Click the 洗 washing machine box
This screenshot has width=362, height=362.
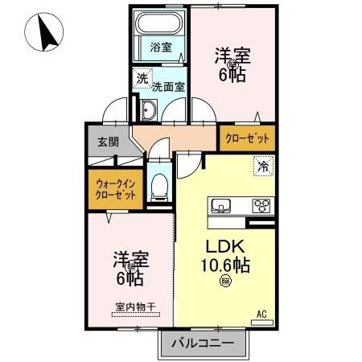pyautogui.click(x=142, y=79)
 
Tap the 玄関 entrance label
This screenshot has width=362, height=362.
pyautogui.click(x=109, y=142)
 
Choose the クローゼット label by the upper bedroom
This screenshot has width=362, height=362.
pyautogui.click(x=247, y=139)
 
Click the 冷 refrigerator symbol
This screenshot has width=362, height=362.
pyautogui.click(x=264, y=168)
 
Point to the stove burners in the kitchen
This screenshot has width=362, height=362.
pyautogui.click(x=261, y=204)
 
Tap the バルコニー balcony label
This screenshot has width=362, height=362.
pyautogui.click(x=204, y=343)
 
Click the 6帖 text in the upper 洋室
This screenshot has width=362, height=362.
pyautogui.click(x=231, y=76)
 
